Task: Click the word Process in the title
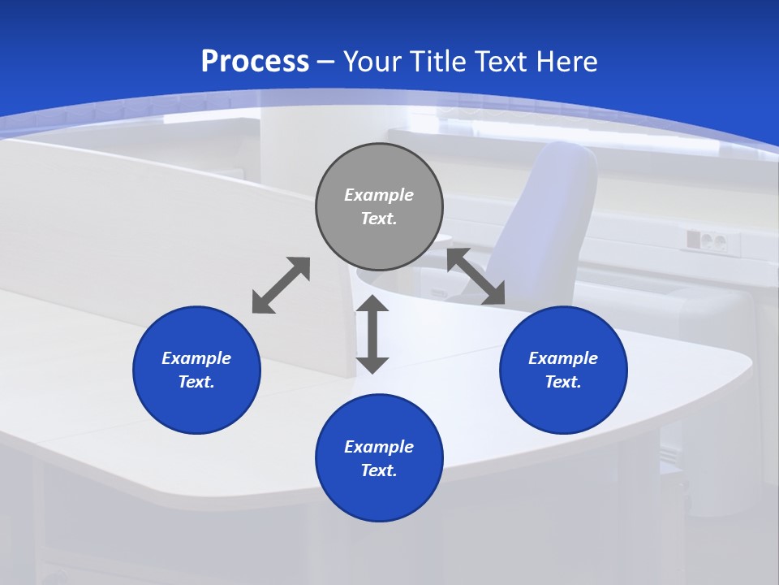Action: pyautogui.click(x=255, y=62)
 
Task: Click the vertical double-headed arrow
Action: pyautogui.click(x=372, y=334)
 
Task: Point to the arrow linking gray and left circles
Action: pyautogui.click(x=281, y=285)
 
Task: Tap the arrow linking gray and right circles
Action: pyautogui.click(x=476, y=277)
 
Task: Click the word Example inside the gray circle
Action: pyautogui.click(x=379, y=195)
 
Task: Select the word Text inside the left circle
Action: pyautogui.click(x=196, y=382)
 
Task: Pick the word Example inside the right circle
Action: pyautogui.click(x=563, y=358)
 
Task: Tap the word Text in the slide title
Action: pyautogui.click(x=497, y=62)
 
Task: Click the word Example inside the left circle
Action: pyautogui.click(x=196, y=358)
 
